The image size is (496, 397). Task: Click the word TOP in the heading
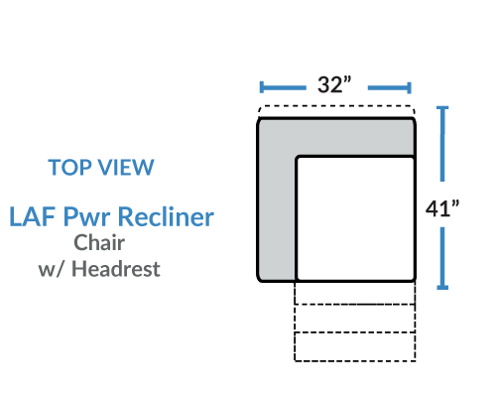click(x=70, y=167)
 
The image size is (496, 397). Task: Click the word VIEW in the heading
click(x=127, y=167)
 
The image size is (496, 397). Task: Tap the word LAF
click(x=32, y=216)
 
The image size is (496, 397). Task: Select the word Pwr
click(x=86, y=217)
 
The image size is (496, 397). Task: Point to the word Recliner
click(x=166, y=216)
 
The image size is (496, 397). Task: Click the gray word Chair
click(x=99, y=243)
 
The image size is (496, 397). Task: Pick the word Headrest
click(x=116, y=268)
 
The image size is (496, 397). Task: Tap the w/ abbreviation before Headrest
click(x=53, y=269)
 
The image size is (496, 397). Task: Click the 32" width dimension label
click(x=334, y=84)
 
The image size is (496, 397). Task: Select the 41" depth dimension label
click(x=442, y=208)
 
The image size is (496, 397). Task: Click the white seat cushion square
click(x=355, y=218)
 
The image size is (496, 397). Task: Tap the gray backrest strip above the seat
click(x=336, y=136)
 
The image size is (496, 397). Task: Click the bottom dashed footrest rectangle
click(x=355, y=346)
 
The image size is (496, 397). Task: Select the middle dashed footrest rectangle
click(x=355, y=319)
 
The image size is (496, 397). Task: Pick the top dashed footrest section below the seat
click(x=355, y=293)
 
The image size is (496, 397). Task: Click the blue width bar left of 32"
click(x=283, y=87)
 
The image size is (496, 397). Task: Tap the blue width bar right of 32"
click(x=390, y=88)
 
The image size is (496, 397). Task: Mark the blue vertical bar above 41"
click(x=442, y=144)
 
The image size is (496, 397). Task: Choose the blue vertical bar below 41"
click(x=442, y=258)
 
